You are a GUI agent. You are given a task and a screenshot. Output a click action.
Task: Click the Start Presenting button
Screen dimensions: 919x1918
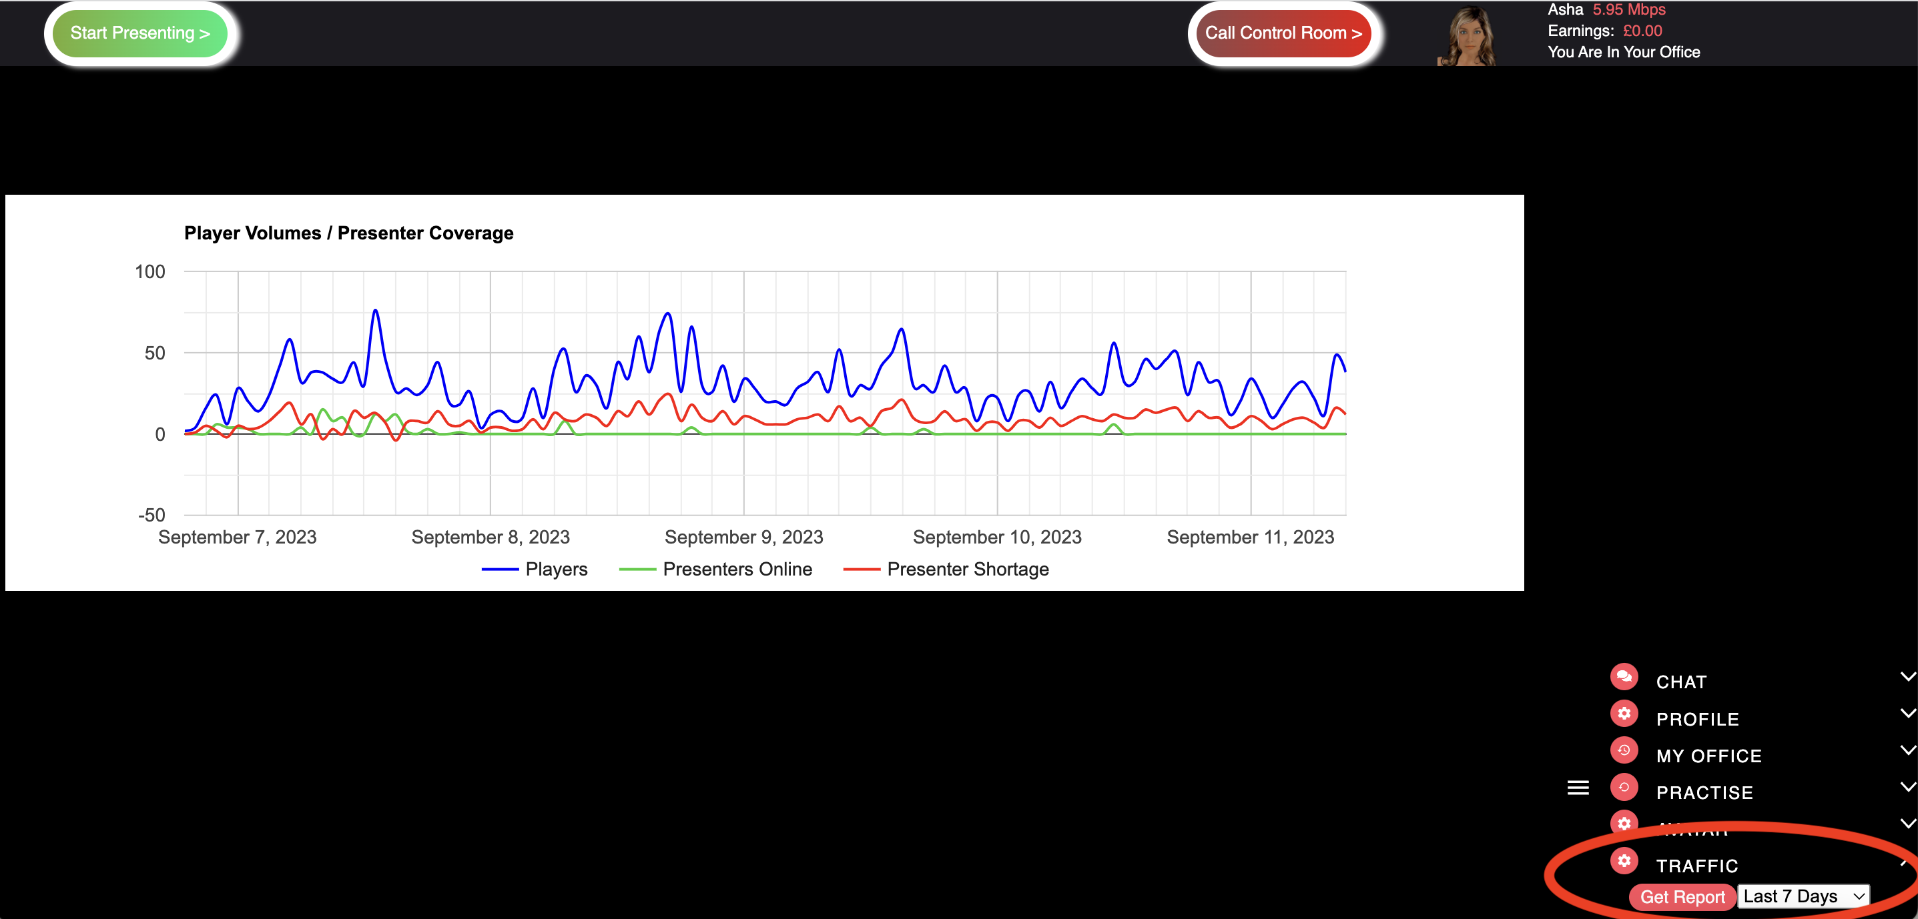click(x=140, y=33)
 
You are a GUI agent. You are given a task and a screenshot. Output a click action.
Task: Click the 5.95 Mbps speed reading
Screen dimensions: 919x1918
click(x=1628, y=10)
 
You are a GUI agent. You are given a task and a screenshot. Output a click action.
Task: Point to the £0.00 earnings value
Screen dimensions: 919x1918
click(x=1642, y=31)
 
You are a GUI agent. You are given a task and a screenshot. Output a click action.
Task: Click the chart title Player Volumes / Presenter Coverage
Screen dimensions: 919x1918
click(x=348, y=233)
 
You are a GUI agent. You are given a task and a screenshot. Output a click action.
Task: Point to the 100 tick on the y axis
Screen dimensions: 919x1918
click(x=149, y=271)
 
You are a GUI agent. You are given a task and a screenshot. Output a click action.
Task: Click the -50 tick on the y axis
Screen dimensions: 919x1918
click(x=151, y=515)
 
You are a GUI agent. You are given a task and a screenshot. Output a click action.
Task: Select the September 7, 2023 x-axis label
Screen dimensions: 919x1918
click(x=237, y=538)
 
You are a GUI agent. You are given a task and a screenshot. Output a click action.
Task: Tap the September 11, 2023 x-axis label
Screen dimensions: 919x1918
click(x=1249, y=538)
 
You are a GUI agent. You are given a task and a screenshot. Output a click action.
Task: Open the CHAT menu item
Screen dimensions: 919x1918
click(x=1681, y=682)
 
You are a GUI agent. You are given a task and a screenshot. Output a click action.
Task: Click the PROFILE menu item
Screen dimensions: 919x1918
click(x=1697, y=719)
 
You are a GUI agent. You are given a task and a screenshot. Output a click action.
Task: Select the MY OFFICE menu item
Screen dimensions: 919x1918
click(x=1708, y=756)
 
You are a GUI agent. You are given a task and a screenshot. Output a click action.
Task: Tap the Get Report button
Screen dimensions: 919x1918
click(x=1682, y=897)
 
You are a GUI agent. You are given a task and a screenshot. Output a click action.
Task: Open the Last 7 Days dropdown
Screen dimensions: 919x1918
click(x=1803, y=896)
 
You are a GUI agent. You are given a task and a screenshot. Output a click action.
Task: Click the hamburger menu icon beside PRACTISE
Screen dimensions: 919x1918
click(x=1578, y=788)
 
